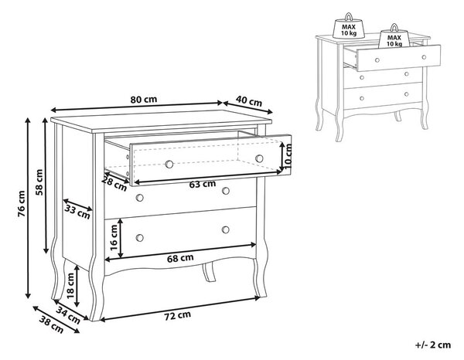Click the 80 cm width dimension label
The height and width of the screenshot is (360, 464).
tap(144, 100)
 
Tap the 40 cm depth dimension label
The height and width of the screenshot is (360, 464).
tap(249, 100)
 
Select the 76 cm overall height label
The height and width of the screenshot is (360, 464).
tap(22, 204)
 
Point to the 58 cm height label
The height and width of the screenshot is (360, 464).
tap(39, 182)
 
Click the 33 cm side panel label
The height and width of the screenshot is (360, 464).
tap(77, 212)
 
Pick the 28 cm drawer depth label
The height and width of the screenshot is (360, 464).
tap(114, 184)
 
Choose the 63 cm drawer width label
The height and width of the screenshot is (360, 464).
tap(203, 184)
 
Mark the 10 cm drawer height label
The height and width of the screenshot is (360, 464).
tap(288, 156)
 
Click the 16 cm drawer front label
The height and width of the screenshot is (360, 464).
tap(114, 237)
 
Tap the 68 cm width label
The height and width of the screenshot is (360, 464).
tap(180, 259)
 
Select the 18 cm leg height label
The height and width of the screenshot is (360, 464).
tap(70, 286)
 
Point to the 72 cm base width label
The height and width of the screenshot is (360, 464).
tap(178, 316)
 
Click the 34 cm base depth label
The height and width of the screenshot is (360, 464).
tap(68, 315)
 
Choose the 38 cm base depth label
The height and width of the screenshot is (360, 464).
tap(52, 325)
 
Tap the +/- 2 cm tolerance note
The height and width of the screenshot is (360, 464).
tap(433, 345)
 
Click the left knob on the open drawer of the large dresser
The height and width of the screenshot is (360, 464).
tap(169, 164)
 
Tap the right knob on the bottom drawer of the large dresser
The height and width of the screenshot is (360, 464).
tap(226, 229)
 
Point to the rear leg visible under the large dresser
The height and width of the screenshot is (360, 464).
tap(210, 271)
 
